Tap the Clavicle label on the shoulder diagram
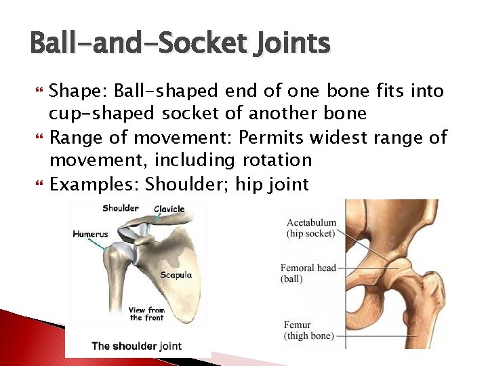[169, 209]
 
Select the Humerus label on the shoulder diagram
[90, 235]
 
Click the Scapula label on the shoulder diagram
[176, 274]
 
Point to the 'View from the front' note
[146, 314]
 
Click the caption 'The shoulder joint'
[136, 346]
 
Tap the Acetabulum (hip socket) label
[311, 228]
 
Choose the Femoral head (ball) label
[308, 272]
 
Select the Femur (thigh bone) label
[308, 330]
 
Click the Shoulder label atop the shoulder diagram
[121, 208]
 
